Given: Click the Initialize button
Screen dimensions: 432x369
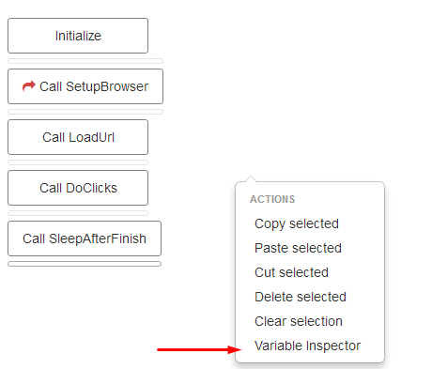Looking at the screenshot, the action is (x=78, y=36).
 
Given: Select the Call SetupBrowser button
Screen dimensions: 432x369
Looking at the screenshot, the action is (x=85, y=86).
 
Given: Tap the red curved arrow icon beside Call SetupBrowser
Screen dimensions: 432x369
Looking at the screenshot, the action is (x=28, y=86).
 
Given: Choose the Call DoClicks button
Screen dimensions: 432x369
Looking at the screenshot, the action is (x=78, y=188).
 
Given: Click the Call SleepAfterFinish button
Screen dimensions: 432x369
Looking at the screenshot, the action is (x=85, y=238).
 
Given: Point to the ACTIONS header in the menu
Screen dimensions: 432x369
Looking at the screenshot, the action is (x=272, y=199).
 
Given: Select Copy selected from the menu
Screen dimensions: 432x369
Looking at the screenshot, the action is (x=296, y=223).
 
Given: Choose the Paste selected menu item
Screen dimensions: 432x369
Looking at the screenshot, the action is (x=298, y=248).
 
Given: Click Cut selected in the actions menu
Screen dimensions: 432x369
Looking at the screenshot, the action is (x=291, y=272).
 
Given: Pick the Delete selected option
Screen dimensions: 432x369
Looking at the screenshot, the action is (x=300, y=297).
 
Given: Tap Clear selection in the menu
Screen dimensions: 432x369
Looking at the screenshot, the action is (x=299, y=321).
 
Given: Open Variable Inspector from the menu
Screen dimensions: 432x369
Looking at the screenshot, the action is (x=307, y=346).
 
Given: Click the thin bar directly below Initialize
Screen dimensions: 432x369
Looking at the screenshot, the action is (x=85, y=61).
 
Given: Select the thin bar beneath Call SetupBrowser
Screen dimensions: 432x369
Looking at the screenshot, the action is (x=85, y=112).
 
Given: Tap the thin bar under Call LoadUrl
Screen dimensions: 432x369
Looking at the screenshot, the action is (x=78, y=162).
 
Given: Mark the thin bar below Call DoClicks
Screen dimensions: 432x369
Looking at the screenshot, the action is (x=78, y=213).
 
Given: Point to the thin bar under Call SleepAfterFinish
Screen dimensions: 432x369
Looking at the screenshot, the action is (x=85, y=264).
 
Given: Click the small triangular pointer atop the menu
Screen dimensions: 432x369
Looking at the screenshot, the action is (x=250, y=178).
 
